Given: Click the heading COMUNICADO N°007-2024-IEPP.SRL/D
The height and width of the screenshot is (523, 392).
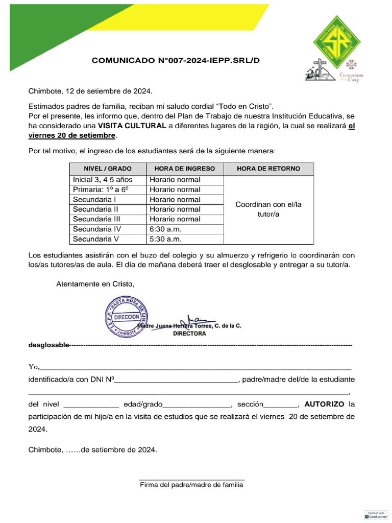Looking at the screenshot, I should pyautogui.click(x=176, y=60).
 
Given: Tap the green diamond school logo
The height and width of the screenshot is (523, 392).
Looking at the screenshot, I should pyautogui.click(x=339, y=42).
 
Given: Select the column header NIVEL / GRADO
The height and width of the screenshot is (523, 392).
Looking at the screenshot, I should pyautogui.click(x=108, y=169).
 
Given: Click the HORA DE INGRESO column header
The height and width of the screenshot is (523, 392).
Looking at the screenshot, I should pyautogui.click(x=185, y=169).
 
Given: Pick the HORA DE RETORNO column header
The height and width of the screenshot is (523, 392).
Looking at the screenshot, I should pyautogui.click(x=268, y=169).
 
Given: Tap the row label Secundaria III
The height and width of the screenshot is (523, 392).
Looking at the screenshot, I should pyautogui.click(x=96, y=219).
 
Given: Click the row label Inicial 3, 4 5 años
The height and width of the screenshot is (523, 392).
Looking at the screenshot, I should pyautogui.click(x=103, y=180).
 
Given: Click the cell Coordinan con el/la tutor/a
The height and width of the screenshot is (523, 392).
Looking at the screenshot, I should pyautogui.click(x=268, y=209).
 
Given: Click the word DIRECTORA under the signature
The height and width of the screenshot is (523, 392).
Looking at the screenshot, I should pyautogui.click(x=189, y=334).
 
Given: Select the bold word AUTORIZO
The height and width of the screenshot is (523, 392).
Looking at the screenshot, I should pyautogui.click(x=324, y=404).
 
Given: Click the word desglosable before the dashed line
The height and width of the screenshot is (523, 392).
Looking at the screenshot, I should pyautogui.click(x=48, y=345).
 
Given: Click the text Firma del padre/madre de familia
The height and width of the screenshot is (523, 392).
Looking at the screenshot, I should pyautogui.click(x=191, y=485).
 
